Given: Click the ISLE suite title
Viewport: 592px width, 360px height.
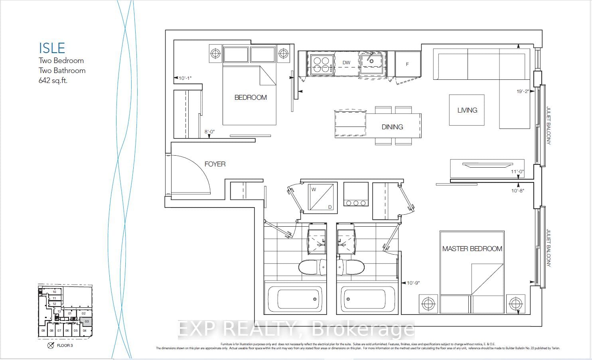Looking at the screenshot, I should pos(52,48).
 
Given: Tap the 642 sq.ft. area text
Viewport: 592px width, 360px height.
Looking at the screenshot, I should pos(53,80).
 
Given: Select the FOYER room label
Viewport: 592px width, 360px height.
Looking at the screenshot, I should pos(215,164).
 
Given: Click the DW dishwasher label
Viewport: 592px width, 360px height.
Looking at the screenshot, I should pos(346,63).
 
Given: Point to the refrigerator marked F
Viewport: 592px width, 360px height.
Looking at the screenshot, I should pos(407,64).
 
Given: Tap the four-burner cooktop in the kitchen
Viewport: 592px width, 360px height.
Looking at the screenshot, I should pos(321,64).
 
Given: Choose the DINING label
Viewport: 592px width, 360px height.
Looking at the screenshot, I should pos(392,127).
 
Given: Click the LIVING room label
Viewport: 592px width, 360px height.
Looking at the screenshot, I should pos(467,110).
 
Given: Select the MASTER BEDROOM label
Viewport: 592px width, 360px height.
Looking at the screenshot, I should pos(472,249).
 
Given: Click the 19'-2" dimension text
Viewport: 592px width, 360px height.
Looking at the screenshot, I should pos(523,91).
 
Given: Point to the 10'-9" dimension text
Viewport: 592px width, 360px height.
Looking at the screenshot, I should pos(413,283).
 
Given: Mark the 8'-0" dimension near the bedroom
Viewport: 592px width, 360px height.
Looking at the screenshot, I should pos(210,131).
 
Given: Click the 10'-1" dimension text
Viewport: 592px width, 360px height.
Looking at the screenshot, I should pos(185,78).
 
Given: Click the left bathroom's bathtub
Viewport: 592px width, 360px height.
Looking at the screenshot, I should pos(293,299).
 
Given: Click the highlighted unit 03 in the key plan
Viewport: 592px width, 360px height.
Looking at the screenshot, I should pos(87,321).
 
